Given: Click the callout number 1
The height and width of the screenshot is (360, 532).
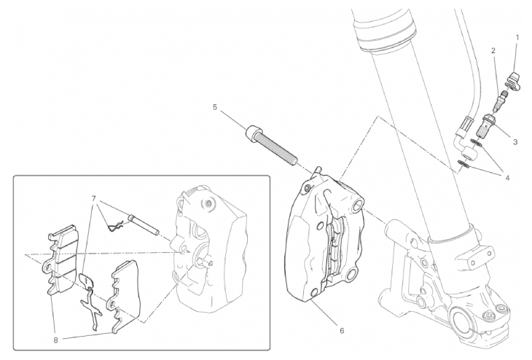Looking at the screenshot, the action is point(517,37).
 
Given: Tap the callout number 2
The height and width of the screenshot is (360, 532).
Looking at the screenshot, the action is point(493,51).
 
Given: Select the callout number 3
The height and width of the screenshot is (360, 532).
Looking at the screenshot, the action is point(515,142).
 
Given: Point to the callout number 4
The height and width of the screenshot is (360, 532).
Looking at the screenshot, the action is point(507,177).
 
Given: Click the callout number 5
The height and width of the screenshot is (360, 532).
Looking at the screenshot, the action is point(215,107).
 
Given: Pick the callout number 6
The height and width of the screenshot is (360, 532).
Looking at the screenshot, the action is point(342,330).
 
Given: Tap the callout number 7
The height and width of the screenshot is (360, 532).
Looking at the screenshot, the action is point(93,197).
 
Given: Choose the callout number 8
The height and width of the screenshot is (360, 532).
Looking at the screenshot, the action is point(55,340).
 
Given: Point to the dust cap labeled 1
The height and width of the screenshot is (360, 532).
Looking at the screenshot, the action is point(513,82).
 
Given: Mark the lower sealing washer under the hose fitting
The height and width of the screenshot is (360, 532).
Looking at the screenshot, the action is point(463,165).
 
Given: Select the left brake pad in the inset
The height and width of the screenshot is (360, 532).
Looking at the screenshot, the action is point(61,260).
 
